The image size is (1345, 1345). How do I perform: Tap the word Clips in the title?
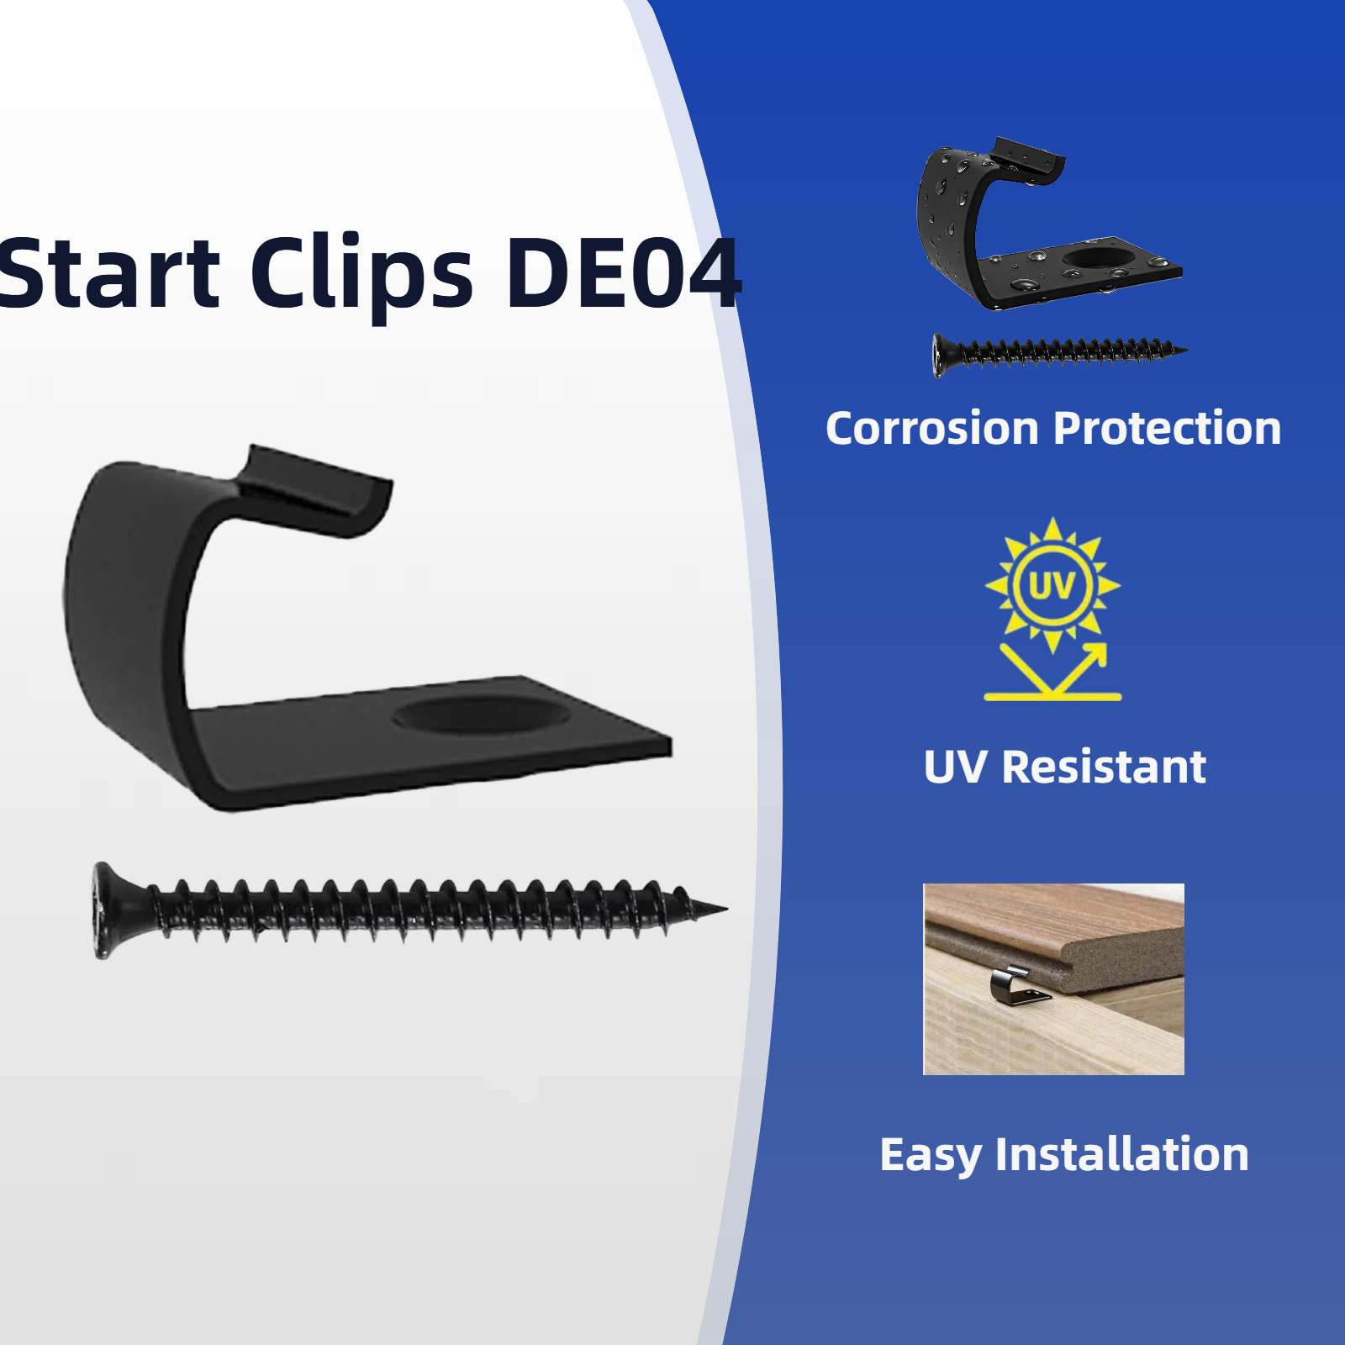pos(361,273)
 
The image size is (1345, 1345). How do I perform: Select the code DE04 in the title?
pos(622,273)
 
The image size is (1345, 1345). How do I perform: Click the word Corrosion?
pos(932,429)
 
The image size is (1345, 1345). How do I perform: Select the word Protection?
pos(1168,429)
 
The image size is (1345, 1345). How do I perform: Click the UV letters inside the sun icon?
pos(1052,586)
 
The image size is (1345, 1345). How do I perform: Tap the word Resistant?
pos(1104,767)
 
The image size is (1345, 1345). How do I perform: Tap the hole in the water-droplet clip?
pos(1094,257)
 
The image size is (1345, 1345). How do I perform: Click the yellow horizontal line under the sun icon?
pos(1052,697)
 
